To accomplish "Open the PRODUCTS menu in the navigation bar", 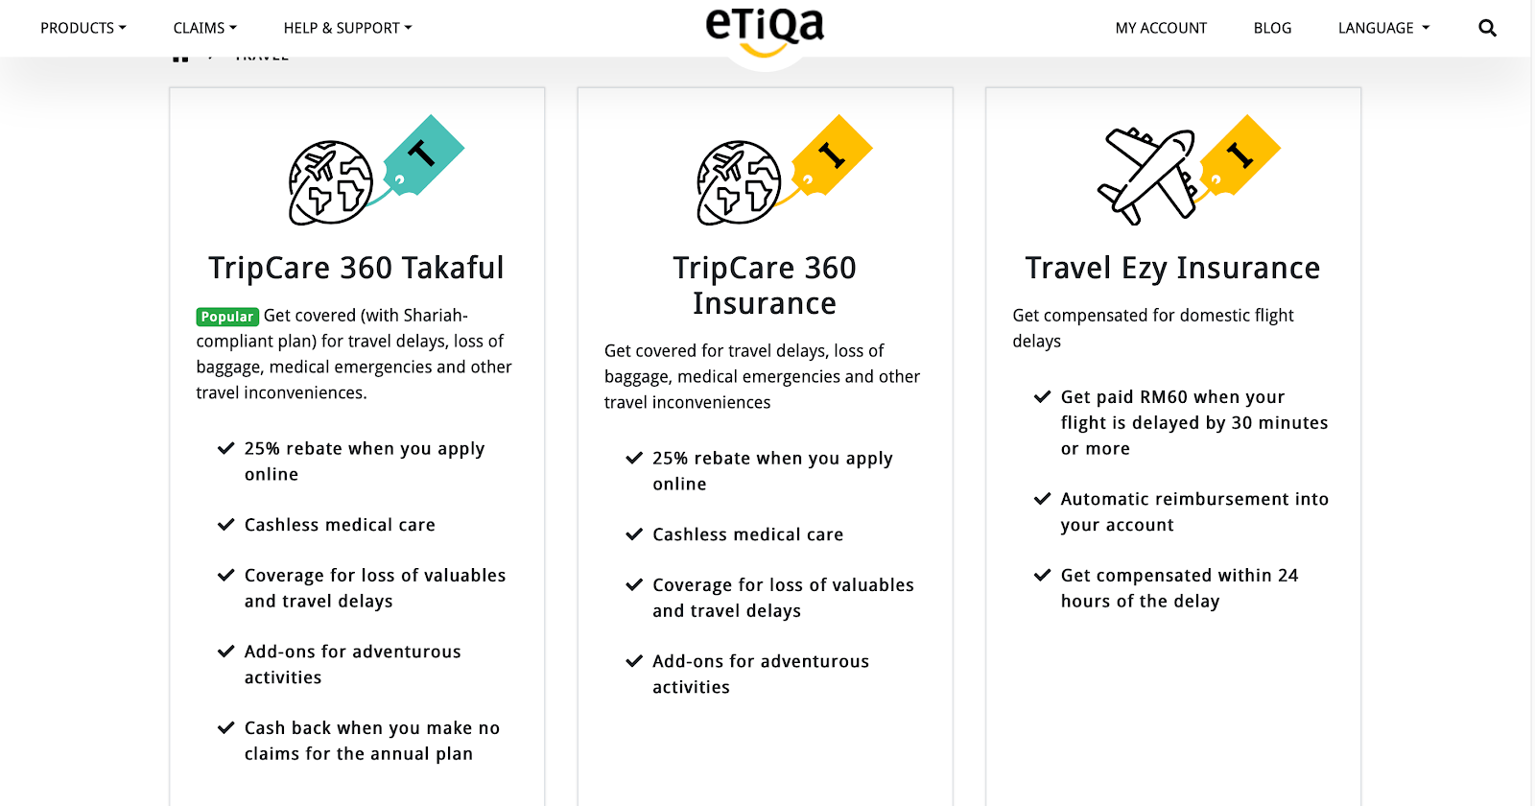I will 83,28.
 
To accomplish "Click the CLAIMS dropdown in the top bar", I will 204,28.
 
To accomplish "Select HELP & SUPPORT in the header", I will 347,28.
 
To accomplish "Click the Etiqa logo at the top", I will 765,29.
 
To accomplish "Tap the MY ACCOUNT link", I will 1161,28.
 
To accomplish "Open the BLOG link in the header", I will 1272,28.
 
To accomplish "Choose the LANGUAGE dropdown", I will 1383,28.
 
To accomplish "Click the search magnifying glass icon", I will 1487,28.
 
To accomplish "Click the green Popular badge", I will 227,317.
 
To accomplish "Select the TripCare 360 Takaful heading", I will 356,268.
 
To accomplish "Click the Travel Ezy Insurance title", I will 1172,268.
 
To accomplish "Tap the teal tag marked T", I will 423,154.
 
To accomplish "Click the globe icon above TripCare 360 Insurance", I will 739,182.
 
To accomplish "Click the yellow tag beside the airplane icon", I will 1240,154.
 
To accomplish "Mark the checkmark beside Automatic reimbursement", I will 1042,499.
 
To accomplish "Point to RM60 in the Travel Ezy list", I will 1163,397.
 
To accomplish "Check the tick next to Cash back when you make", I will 225,728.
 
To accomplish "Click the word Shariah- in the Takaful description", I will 436,316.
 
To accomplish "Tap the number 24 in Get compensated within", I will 1287,576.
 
